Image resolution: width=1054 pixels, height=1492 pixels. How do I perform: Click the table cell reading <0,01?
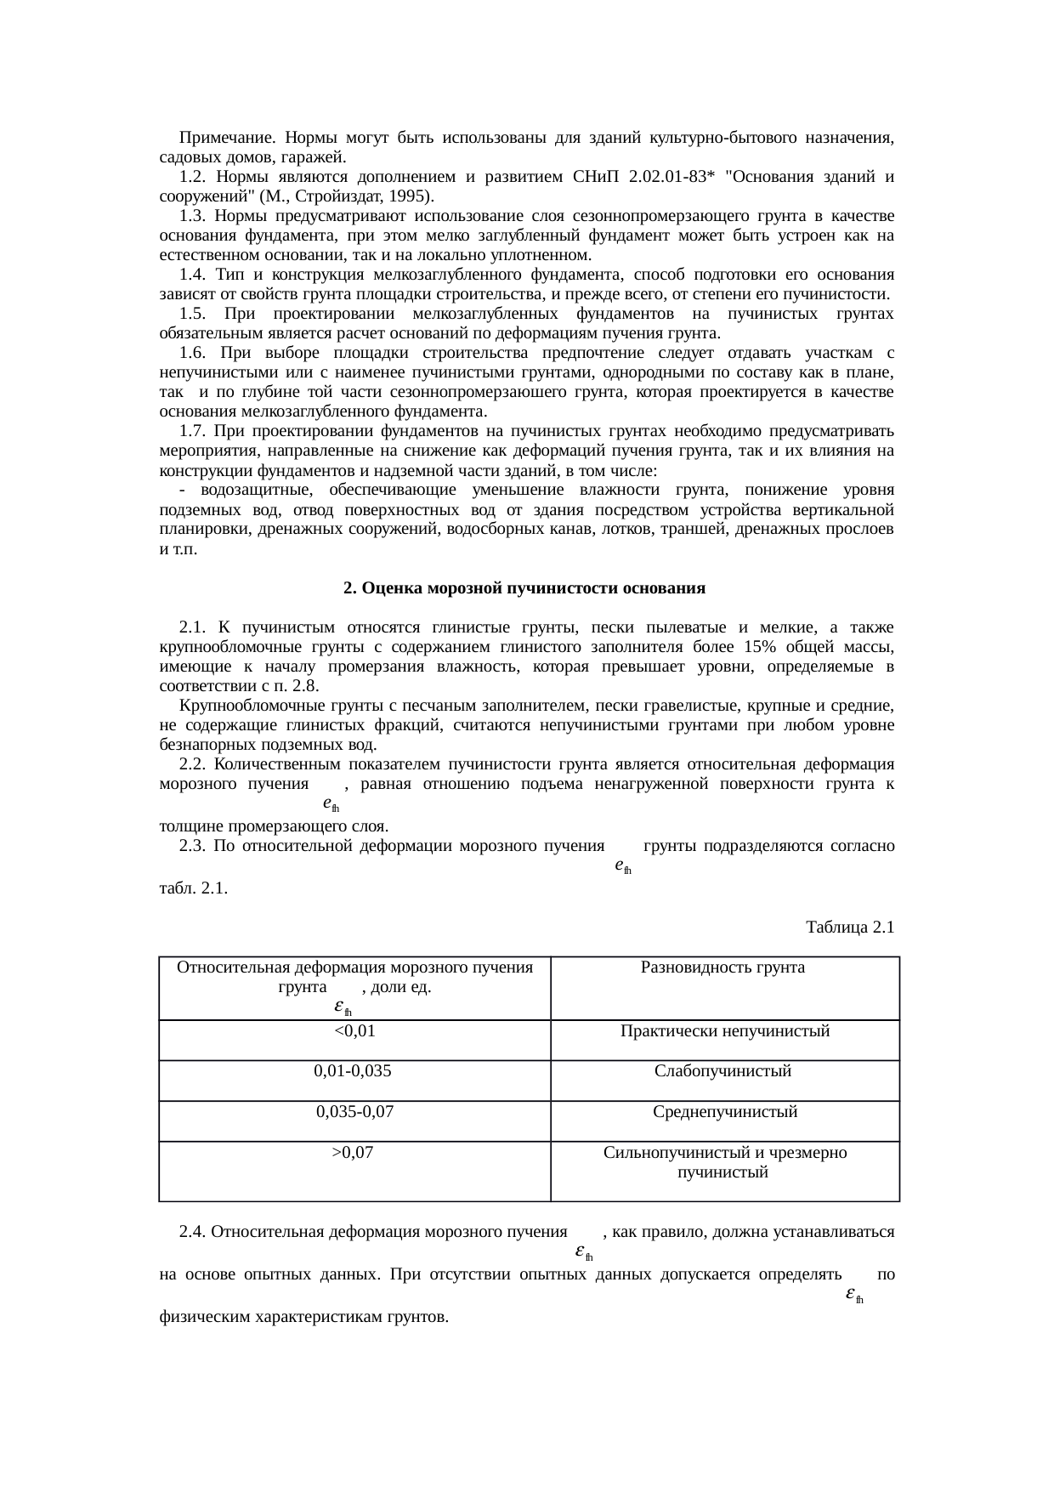tap(354, 1031)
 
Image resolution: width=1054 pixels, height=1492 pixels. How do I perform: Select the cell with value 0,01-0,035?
tap(353, 1071)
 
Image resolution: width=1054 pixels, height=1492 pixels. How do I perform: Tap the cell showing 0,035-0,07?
tap(354, 1111)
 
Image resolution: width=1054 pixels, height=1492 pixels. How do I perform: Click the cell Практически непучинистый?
tap(724, 1031)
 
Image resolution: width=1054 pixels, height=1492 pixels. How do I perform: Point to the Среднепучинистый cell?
tap(724, 1111)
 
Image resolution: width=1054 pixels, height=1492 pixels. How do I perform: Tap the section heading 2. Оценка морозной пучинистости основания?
tap(524, 588)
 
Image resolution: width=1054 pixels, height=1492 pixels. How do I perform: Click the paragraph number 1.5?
tap(194, 314)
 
